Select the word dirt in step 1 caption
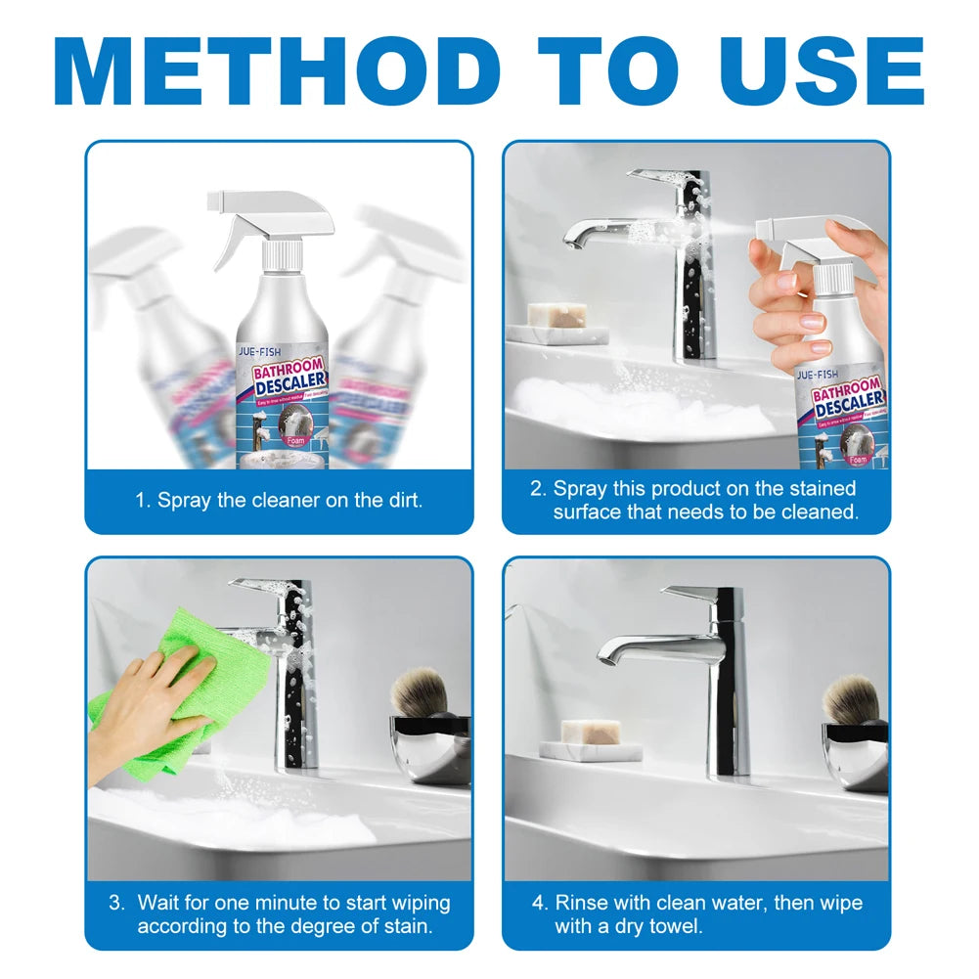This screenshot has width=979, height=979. [x=402, y=501]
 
